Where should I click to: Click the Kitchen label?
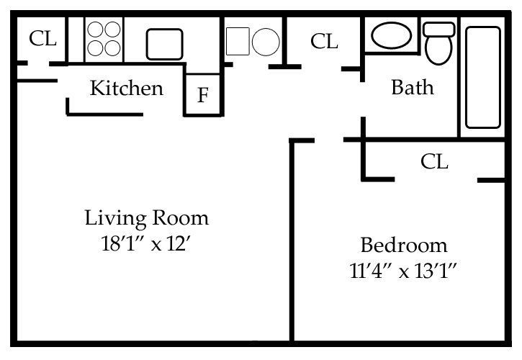[x=126, y=89]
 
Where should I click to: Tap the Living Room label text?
[x=147, y=217]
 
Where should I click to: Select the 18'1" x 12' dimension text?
[x=147, y=243]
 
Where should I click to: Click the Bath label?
[x=413, y=88]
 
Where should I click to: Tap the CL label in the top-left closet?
[x=42, y=39]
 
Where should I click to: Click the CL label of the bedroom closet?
[x=434, y=162]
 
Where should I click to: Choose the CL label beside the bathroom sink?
[x=324, y=42]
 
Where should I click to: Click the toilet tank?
[x=438, y=30]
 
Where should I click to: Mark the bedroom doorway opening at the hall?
[x=328, y=140]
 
